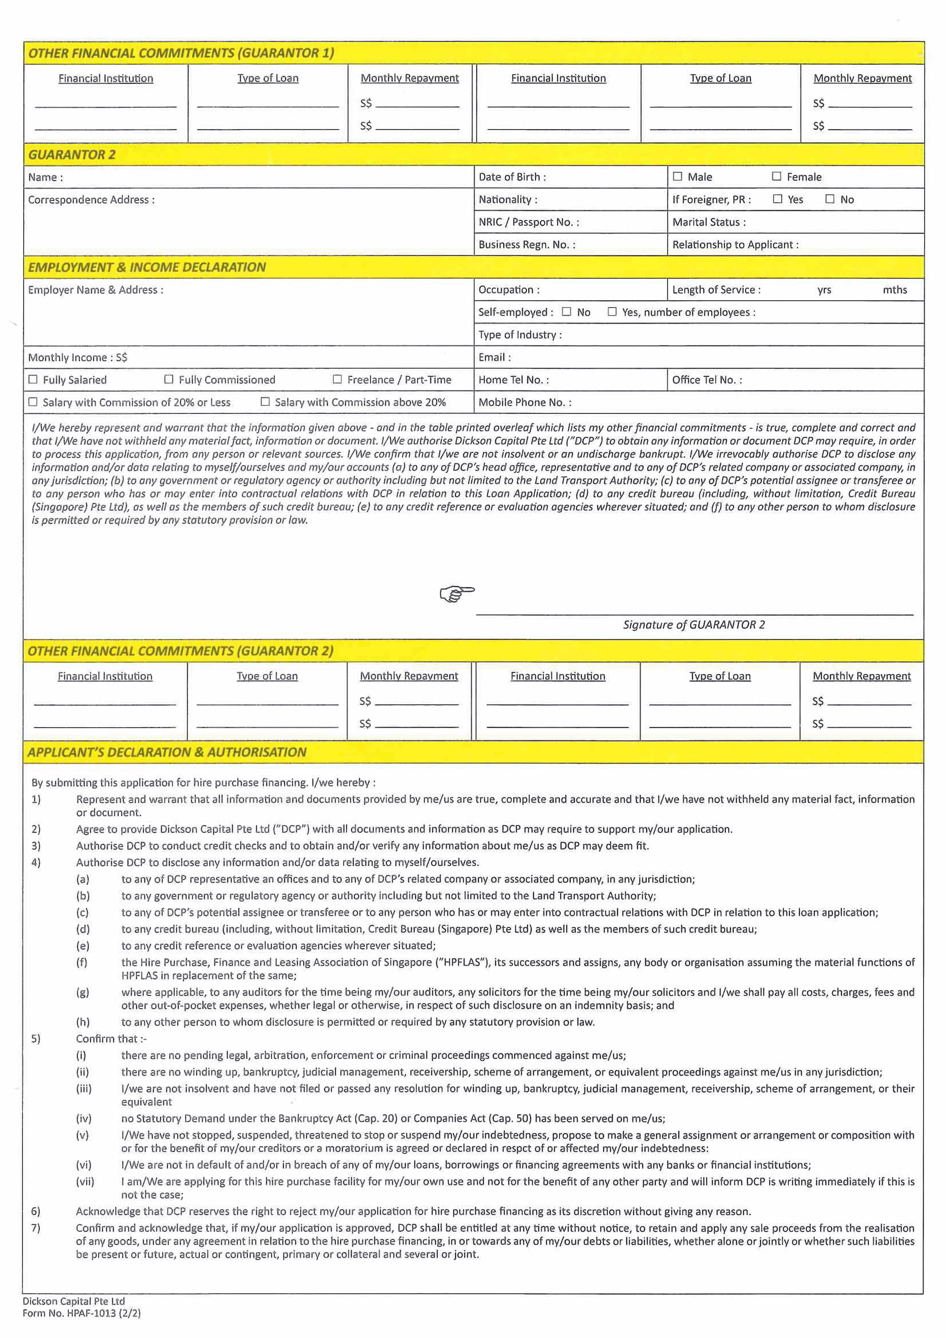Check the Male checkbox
(677, 176)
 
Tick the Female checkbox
(776, 176)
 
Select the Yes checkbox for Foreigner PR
(778, 199)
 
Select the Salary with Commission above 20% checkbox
(265, 401)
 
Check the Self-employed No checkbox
(566, 312)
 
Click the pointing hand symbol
(457, 594)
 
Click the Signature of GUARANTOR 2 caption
(694, 625)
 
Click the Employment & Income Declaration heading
(147, 267)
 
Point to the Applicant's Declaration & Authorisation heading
(167, 752)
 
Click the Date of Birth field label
(512, 177)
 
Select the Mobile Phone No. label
(525, 402)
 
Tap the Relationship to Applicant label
(735, 244)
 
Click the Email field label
(494, 357)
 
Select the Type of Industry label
(520, 335)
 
